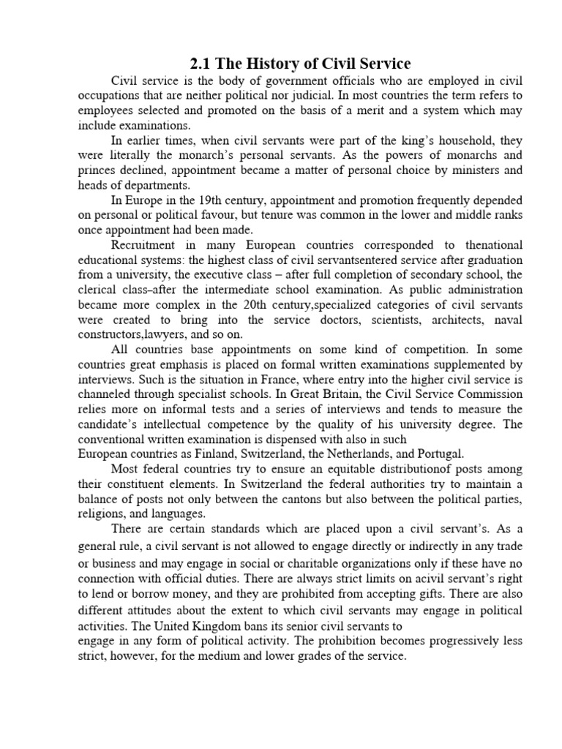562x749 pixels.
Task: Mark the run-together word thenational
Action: [486, 245]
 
